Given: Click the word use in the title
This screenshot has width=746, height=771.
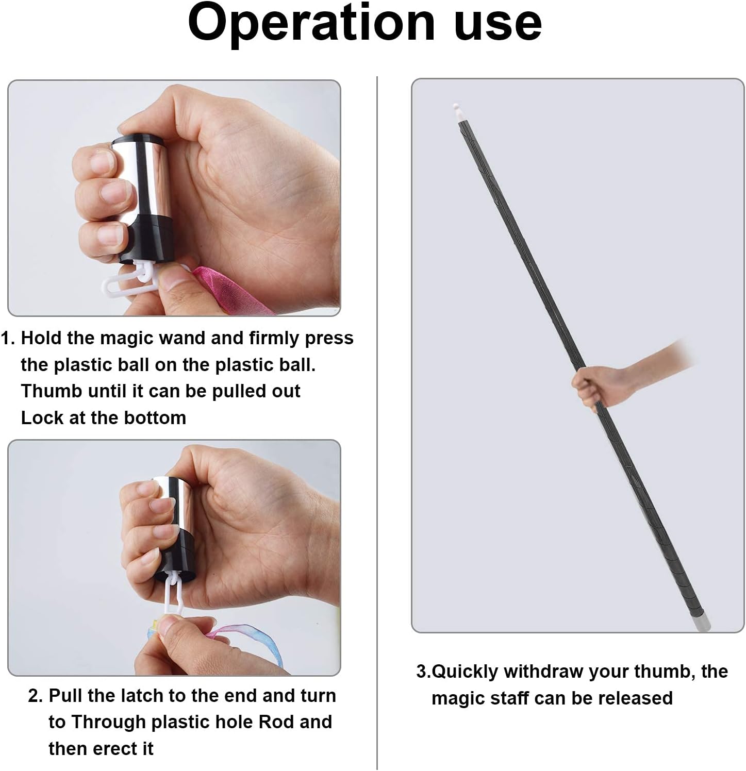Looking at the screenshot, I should [x=498, y=23].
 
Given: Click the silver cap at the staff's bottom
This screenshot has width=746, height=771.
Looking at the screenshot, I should [x=701, y=621].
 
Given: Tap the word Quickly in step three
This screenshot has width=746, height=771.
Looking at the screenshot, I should [x=465, y=672].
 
